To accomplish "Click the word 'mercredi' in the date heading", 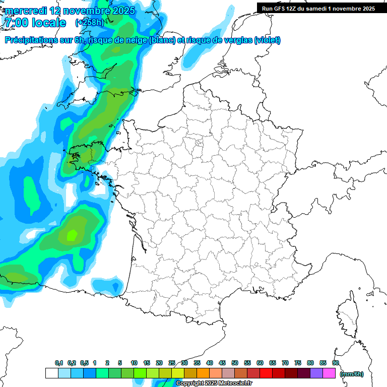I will (x=24, y=11).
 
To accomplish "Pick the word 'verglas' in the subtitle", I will (x=237, y=40).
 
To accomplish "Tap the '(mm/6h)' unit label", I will (x=352, y=374).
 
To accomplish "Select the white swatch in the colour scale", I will (x=51, y=373).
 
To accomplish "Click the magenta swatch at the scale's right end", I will (x=329, y=373).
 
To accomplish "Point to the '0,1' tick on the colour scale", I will (x=58, y=363).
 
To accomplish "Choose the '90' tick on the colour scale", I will (x=335, y=363).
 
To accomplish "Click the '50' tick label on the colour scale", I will (x=235, y=363).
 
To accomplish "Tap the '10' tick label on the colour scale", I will (x=134, y=363).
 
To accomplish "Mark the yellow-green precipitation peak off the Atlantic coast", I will (x=72, y=234).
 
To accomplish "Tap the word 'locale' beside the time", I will (x=49, y=23).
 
